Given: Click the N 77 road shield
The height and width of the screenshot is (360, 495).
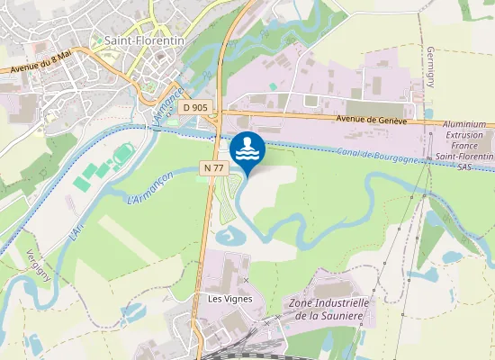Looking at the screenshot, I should click(x=211, y=167).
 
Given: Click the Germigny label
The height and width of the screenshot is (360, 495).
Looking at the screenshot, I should click(x=431, y=67).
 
